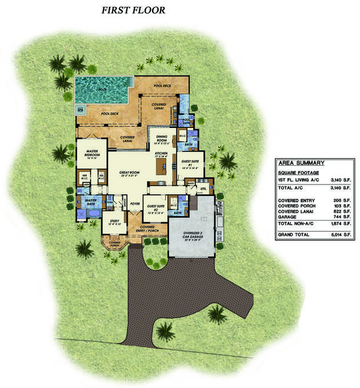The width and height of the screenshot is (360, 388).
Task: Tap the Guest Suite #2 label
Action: pos(157,206)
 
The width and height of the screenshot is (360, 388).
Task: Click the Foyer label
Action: pos(135,203)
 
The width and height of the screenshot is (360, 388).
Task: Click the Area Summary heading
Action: pos(295,162)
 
